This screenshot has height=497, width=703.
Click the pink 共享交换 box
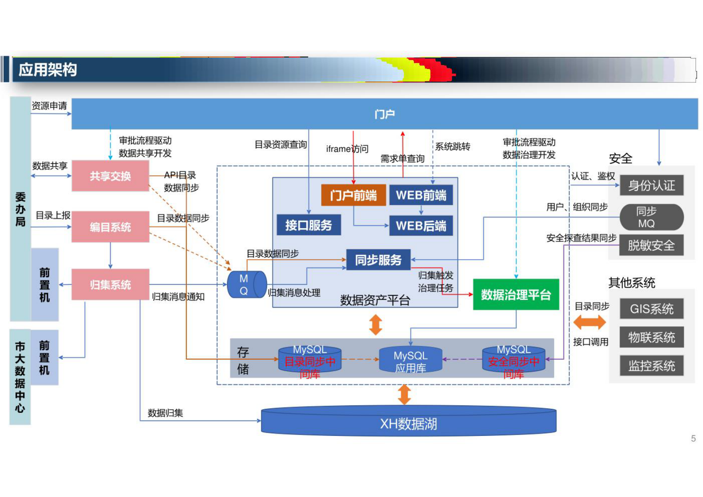coord(110,176)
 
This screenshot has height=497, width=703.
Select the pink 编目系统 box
coord(110,227)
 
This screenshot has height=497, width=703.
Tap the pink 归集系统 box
coord(110,284)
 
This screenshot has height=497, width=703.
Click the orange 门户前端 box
coord(353,195)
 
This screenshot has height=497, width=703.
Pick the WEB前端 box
coord(421,195)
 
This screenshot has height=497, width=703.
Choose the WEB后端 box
coord(421,226)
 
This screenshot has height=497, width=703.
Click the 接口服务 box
coord(309,225)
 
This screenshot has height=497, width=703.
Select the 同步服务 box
coord(378,260)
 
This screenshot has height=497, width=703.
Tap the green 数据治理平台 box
coord(516,295)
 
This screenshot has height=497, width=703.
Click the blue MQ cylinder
coord(246,284)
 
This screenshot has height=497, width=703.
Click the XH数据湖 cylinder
coord(408,423)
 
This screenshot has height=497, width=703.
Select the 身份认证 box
coord(651,185)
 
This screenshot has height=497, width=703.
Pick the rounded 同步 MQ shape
coord(651,217)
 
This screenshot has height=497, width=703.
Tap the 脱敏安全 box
coord(651,245)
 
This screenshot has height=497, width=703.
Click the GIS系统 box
coord(651,308)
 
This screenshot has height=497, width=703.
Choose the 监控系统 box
coord(651,365)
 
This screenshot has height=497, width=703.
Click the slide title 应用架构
coord(47,70)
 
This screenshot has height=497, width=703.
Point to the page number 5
coord(693,439)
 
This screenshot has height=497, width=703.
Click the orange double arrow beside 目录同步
coord(589,322)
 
